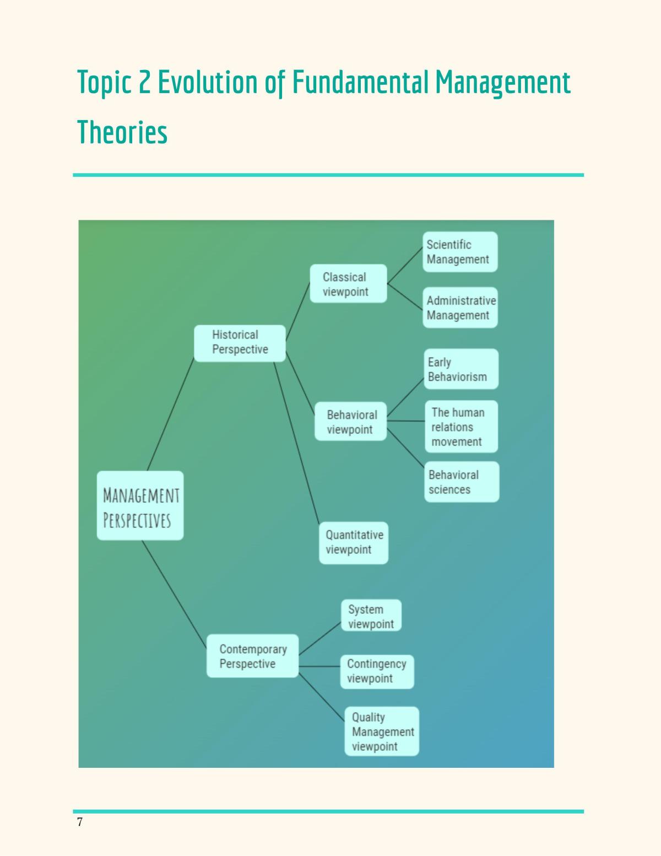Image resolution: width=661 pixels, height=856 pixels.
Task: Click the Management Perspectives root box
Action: (x=140, y=505)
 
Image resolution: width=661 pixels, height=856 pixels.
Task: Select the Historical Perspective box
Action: (x=240, y=343)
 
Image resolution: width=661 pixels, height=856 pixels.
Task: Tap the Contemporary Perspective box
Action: (x=253, y=656)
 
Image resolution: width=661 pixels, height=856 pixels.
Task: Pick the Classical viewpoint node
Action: (x=349, y=284)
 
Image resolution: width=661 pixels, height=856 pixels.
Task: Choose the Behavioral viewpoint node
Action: (x=351, y=421)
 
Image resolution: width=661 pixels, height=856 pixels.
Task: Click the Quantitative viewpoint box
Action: (x=354, y=543)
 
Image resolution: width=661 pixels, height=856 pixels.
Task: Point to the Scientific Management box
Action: (x=460, y=252)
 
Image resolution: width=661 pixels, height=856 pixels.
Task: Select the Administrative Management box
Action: (x=460, y=308)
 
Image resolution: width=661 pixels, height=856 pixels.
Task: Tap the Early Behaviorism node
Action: (x=461, y=369)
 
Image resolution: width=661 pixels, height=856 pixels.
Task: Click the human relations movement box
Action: (x=462, y=427)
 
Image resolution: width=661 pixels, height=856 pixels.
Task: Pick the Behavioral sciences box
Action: (x=462, y=482)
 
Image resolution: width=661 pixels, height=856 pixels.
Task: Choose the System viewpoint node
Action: (x=371, y=615)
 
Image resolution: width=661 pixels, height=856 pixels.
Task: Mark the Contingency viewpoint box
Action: (x=377, y=672)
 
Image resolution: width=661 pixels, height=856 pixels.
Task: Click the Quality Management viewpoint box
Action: (x=382, y=731)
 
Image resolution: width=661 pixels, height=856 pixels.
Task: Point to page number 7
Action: (x=80, y=822)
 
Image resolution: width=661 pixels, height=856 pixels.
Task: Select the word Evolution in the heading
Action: (x=208, y=82)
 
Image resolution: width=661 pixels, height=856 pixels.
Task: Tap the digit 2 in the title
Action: (x=144, y=82)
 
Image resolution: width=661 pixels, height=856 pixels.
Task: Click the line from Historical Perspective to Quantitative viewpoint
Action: (x=296, y=443)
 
